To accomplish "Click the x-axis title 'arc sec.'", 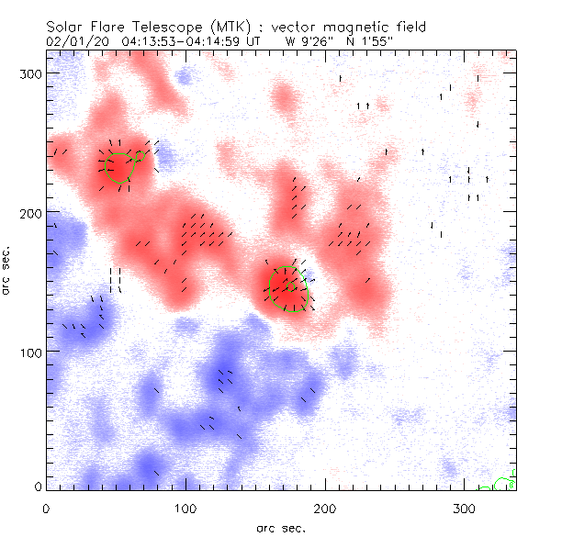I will pos(281,527).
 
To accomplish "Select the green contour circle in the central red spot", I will pos(289,287).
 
